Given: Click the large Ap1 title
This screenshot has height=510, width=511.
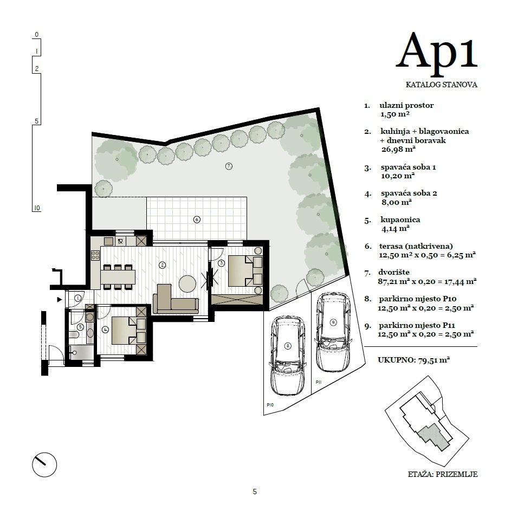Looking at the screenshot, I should coord(437,51).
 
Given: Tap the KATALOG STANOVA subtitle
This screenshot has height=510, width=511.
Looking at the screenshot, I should coord(441,85).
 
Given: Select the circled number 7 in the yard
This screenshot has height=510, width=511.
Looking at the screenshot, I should coord(229,166).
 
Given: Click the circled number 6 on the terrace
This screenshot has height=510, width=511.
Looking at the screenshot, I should coord(197,220).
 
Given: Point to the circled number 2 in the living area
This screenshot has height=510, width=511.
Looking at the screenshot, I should coord(161,265).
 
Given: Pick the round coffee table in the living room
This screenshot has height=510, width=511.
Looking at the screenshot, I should coord(188,283).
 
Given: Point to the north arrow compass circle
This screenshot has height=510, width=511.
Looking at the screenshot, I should coord(44,463).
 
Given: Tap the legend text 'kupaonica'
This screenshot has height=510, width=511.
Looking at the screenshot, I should coord(399,220).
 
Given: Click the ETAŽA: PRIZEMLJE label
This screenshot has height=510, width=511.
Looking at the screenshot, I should coord(442,474).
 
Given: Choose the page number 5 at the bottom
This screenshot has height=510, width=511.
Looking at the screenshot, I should coord(255,492).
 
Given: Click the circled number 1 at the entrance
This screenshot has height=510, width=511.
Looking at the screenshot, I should coord(78,298).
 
